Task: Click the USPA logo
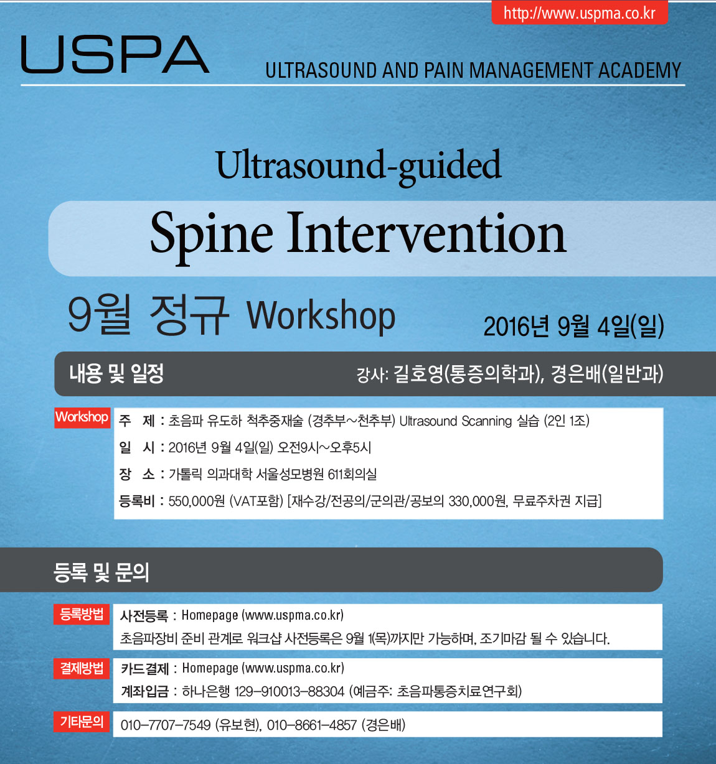point(115,54)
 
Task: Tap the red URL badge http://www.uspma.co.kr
point(580,13)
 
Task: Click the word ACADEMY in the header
point(639,70)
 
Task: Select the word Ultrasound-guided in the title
point(359,166)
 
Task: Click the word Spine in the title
point(212,235)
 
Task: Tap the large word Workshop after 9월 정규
point(321,317)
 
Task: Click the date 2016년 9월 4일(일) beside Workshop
point(573,326)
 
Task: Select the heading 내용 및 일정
point(116,373)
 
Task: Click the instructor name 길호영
point(418,374)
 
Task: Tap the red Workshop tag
point(82,417)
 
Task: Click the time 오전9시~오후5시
point(324,447)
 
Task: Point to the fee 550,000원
point(196,501)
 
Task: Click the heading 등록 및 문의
point(101,572)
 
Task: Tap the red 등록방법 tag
point(82,614)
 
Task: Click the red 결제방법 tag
point(82,669)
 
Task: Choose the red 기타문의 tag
point(82,722)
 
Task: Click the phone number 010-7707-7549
point(165,725)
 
